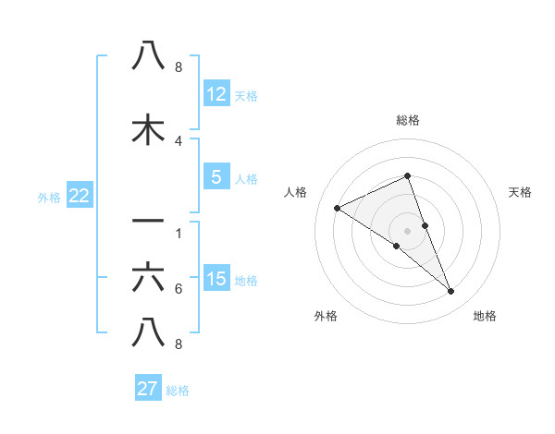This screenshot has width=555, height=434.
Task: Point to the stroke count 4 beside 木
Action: [179, 141]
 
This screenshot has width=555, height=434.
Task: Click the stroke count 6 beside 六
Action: [179, 289]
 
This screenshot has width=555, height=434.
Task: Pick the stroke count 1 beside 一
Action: [179, 234]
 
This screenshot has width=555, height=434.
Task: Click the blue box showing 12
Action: [216, 94]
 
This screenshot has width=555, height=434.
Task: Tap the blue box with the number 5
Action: [216, 178]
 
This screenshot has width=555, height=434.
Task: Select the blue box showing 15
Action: [216, 279]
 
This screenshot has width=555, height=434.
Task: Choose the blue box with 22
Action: [79, 196]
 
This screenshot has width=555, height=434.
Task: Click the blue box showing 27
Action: [148, 389]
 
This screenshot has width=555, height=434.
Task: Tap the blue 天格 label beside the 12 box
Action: [246, 96]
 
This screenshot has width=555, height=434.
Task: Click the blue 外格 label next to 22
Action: [49, 197]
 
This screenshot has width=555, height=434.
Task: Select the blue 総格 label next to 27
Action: [178, 391]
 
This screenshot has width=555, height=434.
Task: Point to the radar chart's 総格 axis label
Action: [408, 120]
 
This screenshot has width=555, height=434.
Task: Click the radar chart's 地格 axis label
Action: [485, 317]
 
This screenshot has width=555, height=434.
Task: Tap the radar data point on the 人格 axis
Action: [337, 208]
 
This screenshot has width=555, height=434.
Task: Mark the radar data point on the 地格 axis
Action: [451, 292]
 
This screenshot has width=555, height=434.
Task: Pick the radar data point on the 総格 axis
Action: [408, 175]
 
